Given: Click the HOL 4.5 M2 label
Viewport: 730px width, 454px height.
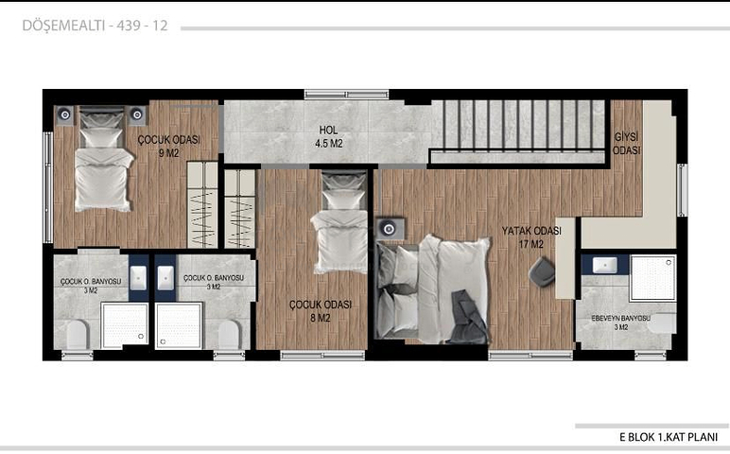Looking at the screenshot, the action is click(x=329, y=137).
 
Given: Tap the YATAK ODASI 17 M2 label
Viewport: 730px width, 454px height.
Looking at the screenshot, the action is click(x=531, y=237).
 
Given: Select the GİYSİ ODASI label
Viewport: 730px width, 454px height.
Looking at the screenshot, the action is click(x=626, y=144).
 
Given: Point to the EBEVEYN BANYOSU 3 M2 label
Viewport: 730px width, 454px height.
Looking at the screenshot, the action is click(x=620, y=323).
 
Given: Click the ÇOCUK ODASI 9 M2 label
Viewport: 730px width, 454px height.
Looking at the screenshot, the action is click(x=168, y=147).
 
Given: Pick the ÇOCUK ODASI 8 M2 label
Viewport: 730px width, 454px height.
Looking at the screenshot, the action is click(x=321, y=311).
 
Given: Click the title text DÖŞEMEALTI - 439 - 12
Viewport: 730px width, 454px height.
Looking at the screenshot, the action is click(x=95, y=26).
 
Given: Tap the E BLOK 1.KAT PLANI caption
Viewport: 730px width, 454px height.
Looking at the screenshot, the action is click(x=669, y=437).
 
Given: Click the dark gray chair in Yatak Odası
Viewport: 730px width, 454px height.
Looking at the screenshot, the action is click(x=542, y=271).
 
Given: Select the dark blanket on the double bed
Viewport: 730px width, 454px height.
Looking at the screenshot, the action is click(x=468, y=317).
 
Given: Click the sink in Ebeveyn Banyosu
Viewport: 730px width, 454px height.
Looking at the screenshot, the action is click(x=605, y=266).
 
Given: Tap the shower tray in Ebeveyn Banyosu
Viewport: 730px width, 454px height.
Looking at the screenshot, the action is click(x=653, y=278).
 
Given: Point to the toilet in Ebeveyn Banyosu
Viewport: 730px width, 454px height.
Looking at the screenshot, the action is click(x=662, y=323).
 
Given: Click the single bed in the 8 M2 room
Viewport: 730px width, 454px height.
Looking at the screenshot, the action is click(x=340, y=222).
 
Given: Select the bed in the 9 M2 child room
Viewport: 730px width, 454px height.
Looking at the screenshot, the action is click(x=102, y=159).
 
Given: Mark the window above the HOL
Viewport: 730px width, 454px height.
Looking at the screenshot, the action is click(x=346, y=94).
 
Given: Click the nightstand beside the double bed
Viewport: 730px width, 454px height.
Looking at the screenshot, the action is click(x=391, y=228).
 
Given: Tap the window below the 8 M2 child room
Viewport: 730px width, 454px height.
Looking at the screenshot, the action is click(x=322, y=356).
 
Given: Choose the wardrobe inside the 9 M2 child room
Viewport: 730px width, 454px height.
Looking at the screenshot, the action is click(x=202, y=204).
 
